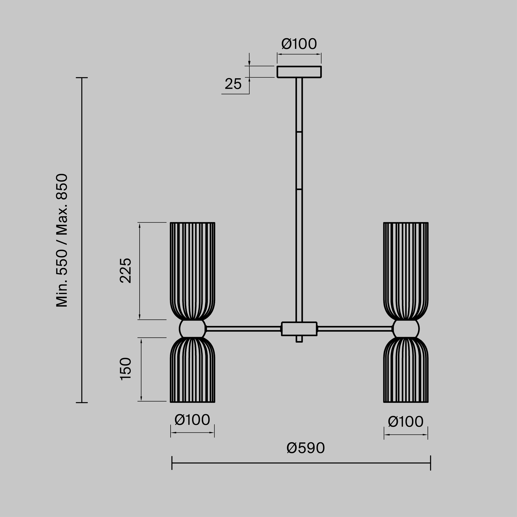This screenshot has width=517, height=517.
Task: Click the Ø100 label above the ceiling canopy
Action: (x=299, y=44)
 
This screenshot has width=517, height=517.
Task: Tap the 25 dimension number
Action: (x=233, y=84)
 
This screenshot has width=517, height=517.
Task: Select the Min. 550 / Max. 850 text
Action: (x=62, y=240)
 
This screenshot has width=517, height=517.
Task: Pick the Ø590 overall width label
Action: (x=306, y=448)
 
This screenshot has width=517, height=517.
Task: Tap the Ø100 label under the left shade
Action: (x=192, y=420)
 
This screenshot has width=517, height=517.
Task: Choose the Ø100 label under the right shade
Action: (x=406, y=422)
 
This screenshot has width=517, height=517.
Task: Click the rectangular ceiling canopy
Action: (x=299, y=72)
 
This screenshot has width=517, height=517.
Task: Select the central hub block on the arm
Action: (x=299, y=329)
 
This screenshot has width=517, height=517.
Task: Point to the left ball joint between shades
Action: (x=192, y=329)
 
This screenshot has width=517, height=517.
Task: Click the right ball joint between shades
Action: (x=406, y=329)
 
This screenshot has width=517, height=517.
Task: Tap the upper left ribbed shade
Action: (x=192, y=270)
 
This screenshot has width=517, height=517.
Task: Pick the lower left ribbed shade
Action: (x=192, y=371)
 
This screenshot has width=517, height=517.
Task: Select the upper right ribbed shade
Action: (x=406, y=270)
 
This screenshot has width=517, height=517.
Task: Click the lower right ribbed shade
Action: (x=406, y=371)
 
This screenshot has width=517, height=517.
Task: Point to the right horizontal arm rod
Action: (x=355, y=329)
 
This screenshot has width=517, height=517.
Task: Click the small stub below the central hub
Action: (x=299, y=339)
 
